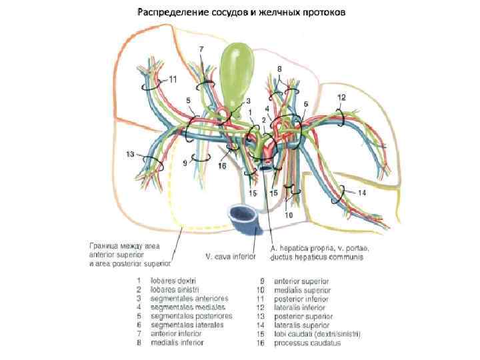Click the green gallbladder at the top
(x=237, y=67)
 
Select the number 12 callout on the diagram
(x=341, y=97)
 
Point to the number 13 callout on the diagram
(x=130, y=155)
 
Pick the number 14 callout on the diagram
(x=362, y=193)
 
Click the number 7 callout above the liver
(x=202, y=50)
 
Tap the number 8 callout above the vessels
(x=280, y=69)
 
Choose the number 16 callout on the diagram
(x=222, y=166)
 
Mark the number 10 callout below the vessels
(x=289, y=215)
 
